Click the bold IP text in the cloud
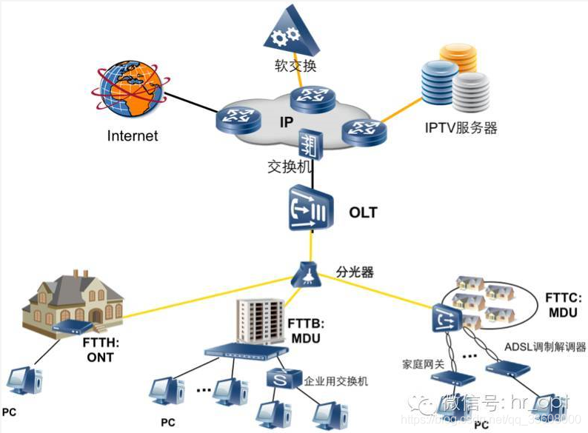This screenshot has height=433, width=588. coord(287,121)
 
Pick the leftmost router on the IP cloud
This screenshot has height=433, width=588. coord(235,118)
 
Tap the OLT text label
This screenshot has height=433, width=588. coord(363,212)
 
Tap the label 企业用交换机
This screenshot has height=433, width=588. coord(336,382)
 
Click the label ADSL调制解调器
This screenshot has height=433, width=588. coord(541,347)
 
